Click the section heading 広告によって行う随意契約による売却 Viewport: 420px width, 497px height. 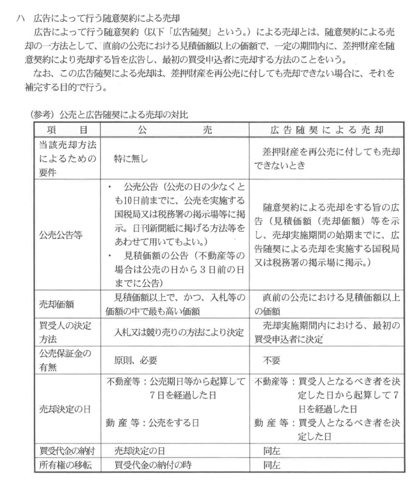click(107, 19)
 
